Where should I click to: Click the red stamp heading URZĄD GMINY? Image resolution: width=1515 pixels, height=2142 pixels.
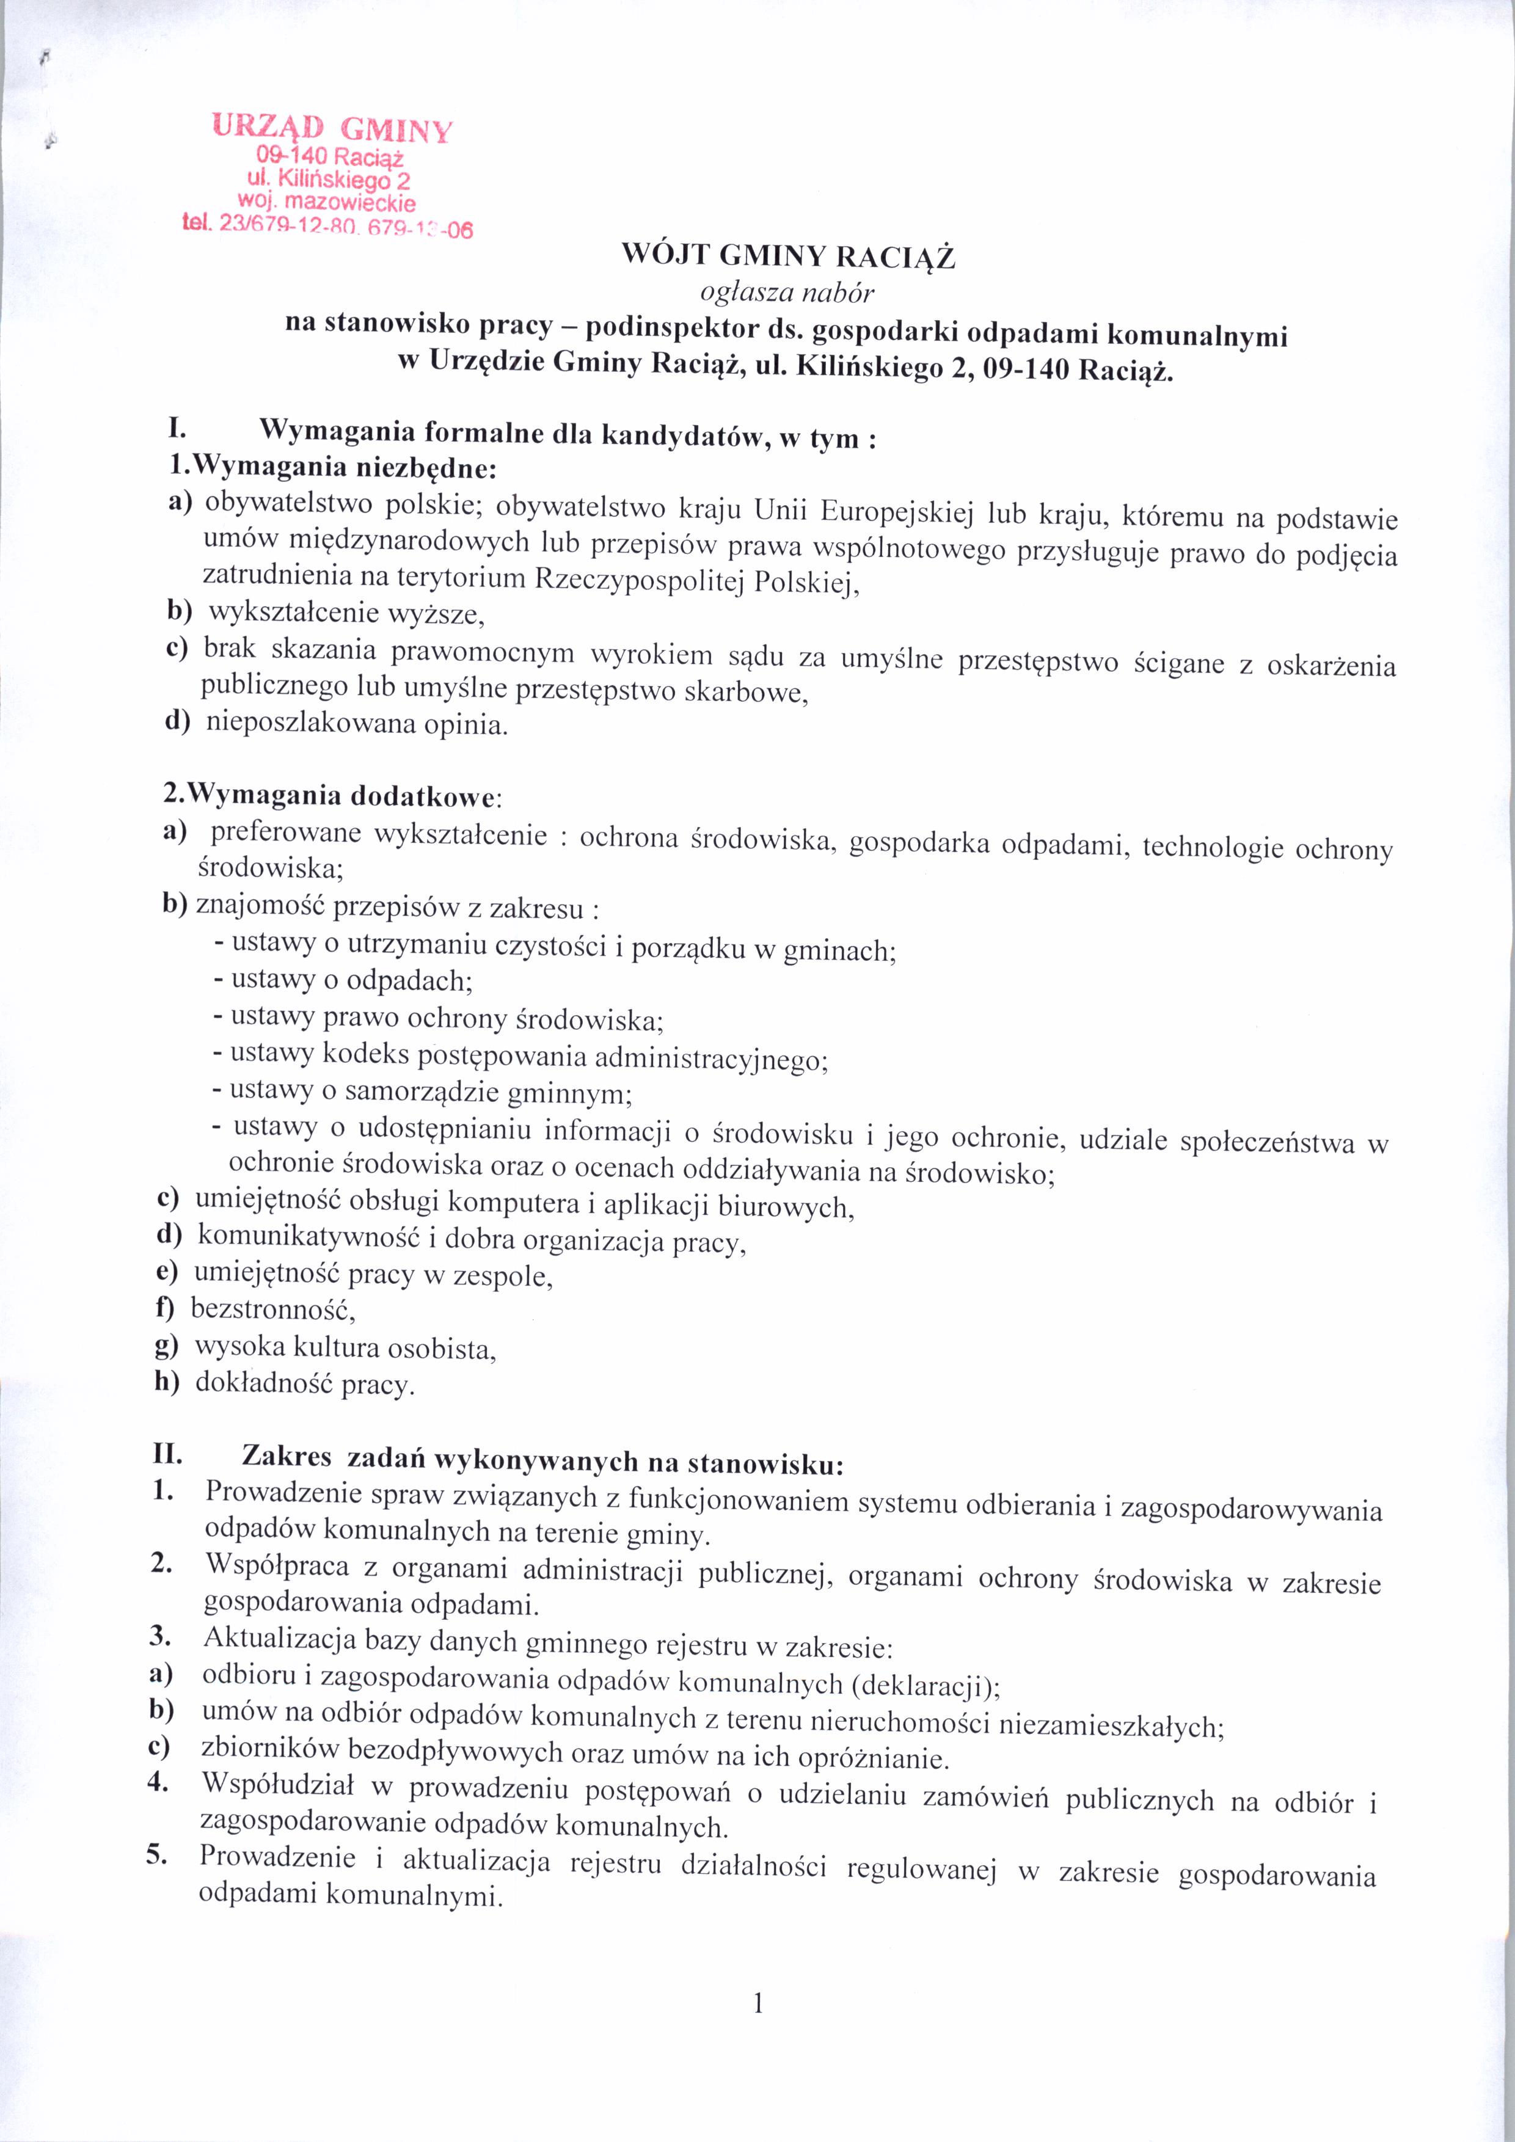click(x=331, y=127)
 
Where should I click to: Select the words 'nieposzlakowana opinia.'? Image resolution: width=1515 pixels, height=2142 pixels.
click(x=357, y=724)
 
